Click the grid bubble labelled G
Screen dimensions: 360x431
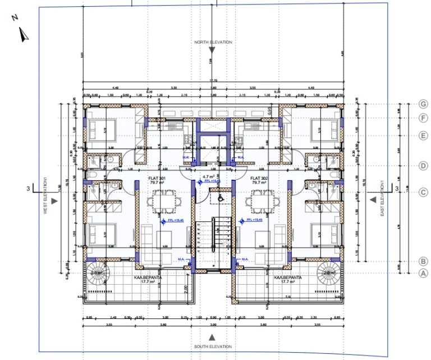[x=424, y=104]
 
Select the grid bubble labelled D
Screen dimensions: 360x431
[x=424, y=165]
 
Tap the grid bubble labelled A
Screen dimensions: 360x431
[x=424, y=273]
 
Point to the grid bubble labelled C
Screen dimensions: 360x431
[x=424, y=192]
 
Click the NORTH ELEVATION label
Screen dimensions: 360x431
[x=213, y=42]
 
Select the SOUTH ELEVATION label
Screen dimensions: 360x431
[x=213, y=347]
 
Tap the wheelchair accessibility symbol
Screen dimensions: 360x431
[x=220, y=197]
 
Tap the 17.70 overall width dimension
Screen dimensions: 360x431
[x=213, y=80]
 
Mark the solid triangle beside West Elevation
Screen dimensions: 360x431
[x=54, y=199]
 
